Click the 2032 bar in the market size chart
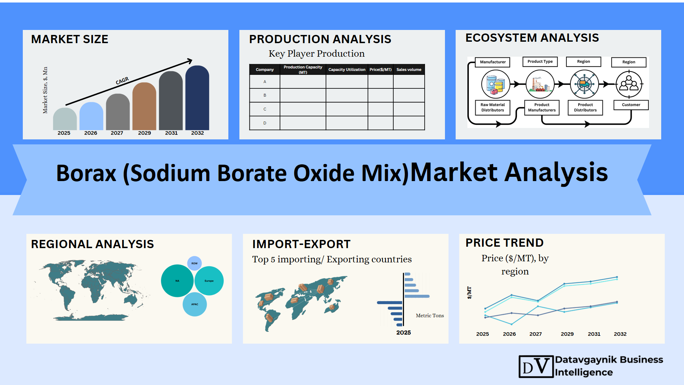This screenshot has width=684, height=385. tap(197, 98)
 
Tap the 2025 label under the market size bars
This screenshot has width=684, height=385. tap(64, 133)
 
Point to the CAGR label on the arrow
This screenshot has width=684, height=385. tap(122, 81)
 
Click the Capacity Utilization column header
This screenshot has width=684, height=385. tap(347, 70)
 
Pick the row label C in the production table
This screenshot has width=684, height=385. tap(265, 109)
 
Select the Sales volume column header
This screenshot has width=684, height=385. tap(409, 70)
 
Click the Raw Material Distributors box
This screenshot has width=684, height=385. tap(493, 107)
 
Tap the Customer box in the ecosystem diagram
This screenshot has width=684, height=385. tap(631, 105)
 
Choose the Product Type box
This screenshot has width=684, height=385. tap(540, 62)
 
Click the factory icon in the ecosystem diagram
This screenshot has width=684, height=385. tap(540, 84)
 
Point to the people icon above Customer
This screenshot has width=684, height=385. tap(629, 84)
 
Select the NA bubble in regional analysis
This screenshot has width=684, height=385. tap(177, 281)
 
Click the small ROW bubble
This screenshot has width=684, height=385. tap(195, 263)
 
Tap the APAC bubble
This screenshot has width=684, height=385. tap(195, 304)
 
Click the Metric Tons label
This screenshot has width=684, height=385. tap(430, 315)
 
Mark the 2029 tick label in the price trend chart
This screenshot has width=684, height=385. tap(567, 334)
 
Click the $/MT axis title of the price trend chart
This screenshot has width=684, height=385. tap(470, 292)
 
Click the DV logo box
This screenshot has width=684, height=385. tap(536, 366)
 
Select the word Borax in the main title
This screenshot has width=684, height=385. tap(86, 173)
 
